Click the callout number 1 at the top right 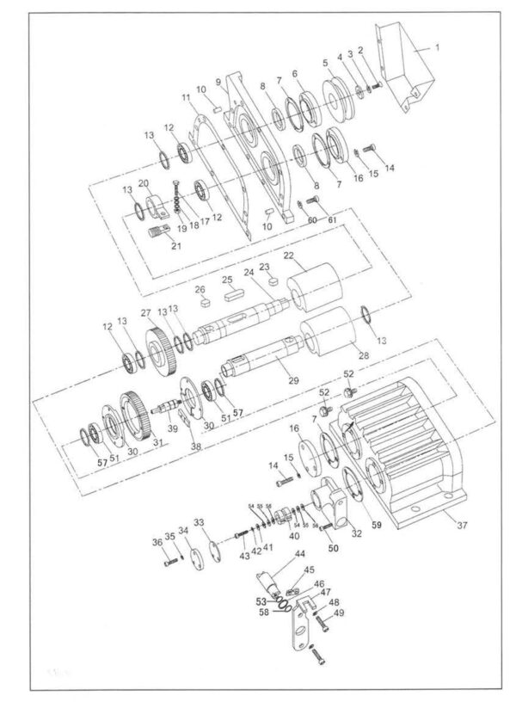point(436,50)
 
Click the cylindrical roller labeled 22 point(312,285)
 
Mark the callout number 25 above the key point(228,280)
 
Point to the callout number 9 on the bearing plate point(218,81)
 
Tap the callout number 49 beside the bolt point(339,613)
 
